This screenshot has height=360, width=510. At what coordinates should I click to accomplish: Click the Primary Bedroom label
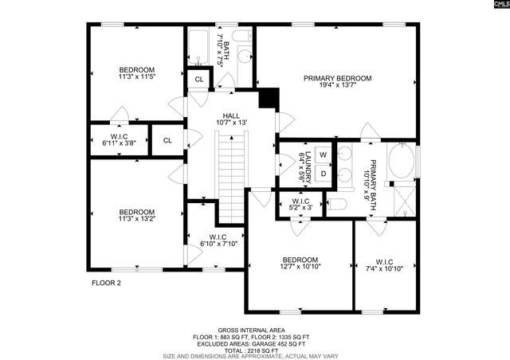pos(338,82)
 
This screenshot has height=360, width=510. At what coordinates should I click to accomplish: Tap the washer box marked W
pos(324,154)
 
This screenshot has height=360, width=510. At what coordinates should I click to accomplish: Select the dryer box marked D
pos(324,173)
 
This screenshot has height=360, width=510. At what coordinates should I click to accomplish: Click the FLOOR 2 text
pos(106,283)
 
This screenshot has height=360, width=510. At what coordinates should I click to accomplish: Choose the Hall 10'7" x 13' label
pos(231,118)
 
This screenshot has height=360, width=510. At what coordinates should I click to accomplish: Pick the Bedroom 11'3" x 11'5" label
pos(136,73)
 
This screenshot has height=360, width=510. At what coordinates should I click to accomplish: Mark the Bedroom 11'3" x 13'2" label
pos(136,215)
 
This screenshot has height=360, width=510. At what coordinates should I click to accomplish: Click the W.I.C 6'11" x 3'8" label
pos(120,140)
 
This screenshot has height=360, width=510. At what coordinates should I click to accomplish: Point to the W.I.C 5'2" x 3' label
pos(300,205)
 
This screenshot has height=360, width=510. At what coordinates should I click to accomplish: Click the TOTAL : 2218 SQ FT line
pos(255,348)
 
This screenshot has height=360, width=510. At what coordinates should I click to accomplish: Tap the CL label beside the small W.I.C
pos(167,140)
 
